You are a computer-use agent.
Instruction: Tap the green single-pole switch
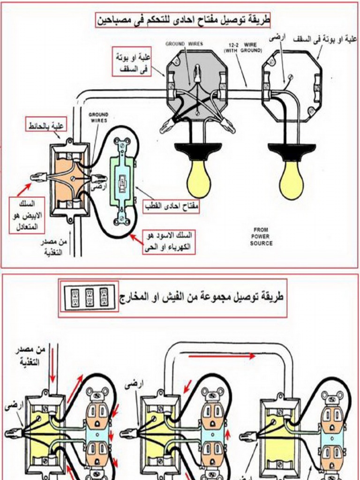(x=122, y=180)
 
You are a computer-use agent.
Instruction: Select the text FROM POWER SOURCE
(x=261, y=237)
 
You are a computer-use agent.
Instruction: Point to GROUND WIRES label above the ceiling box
(x=184, y=44)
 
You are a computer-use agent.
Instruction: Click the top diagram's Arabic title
(x=183, y=20)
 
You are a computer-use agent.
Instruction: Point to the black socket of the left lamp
(x=198, y=150)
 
